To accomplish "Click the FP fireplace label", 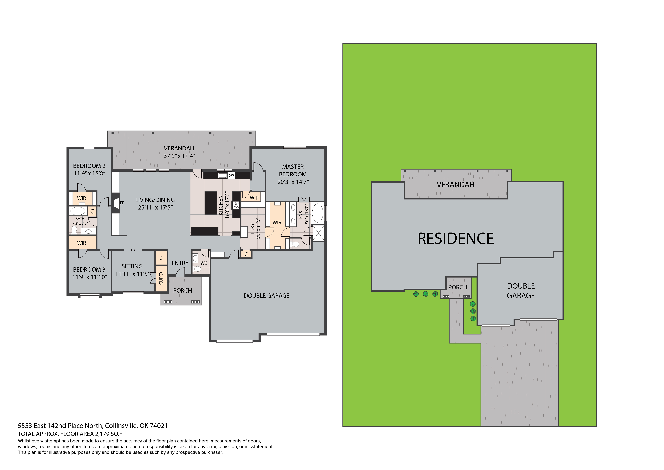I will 122,203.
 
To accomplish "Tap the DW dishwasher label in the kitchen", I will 231,175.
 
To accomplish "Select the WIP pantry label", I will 254,198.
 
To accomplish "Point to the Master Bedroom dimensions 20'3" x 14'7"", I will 293,182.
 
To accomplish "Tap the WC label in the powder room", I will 204,263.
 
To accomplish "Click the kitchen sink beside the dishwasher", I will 222,175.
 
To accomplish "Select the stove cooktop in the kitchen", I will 236,205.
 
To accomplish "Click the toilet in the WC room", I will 198,269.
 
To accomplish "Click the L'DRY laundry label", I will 253,229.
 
